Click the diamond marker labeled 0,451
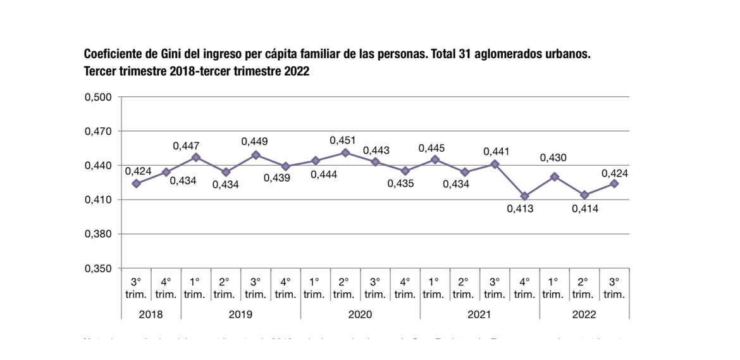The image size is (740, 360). [345, 153]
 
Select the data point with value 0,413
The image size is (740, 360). [524, 196]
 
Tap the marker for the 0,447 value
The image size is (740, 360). [196, 158]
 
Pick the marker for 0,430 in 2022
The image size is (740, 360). [554, 177]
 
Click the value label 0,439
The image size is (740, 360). [285, 178]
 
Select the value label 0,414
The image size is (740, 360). [585, 208]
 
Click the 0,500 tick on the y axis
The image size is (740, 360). [98, 97]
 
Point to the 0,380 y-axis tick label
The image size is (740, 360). [98, 234]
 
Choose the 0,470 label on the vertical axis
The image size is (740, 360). [98, 132]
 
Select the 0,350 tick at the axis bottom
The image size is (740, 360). [98, 268]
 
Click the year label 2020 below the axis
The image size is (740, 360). [360, 314]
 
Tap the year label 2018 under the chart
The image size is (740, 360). [151, 314]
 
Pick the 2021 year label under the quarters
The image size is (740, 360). [479, 314]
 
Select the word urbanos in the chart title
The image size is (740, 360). [567, 54]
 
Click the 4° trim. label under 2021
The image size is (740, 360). [524, 289]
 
